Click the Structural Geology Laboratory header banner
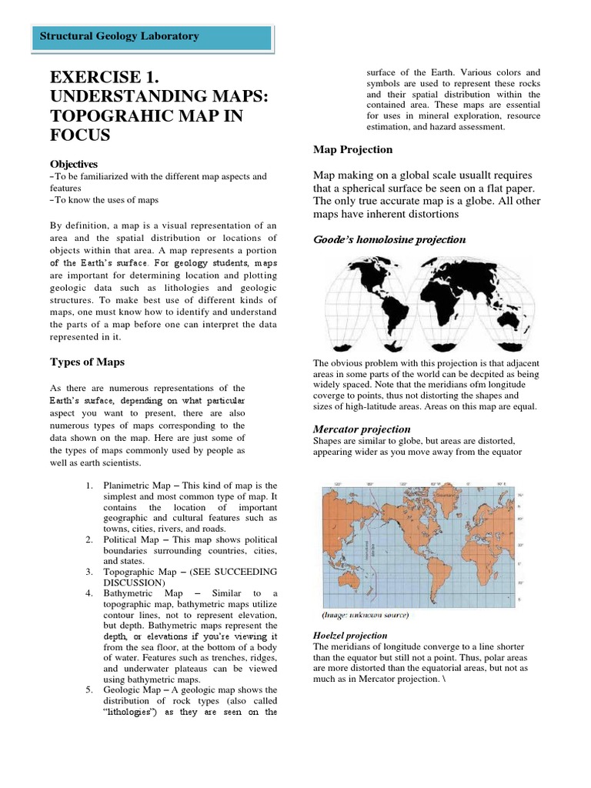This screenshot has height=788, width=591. click(x=155, y=37)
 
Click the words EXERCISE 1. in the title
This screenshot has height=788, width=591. click(x=104, y=79)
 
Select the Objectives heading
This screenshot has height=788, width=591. click(x=74, y=164)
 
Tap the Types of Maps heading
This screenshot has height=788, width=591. click(x=87, y=362)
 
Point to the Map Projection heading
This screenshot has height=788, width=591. click(x=352, y=149)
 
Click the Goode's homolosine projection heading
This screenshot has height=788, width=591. click(x=389, y=239)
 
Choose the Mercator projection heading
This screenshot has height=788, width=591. click(x=362, y=429)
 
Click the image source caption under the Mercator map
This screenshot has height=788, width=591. click(x=364, y=616)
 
